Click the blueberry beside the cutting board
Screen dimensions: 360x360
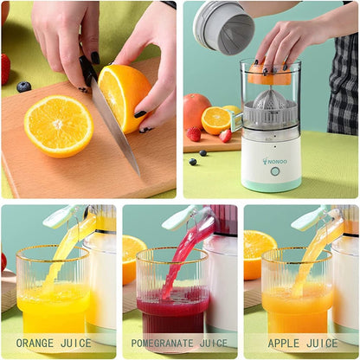[x=23, y=87]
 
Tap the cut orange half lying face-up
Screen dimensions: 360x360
[x=58, y=125]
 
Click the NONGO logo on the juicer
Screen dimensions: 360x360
[x=276, y=160]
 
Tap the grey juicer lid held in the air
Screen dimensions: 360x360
[x=222, y=25]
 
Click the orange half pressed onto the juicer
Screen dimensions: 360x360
[x=270, y=76]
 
